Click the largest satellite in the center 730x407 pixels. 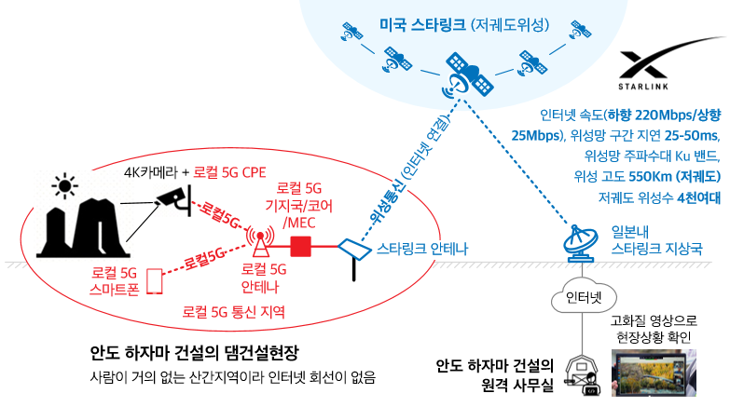pos(469,75)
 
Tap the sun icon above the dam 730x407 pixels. pos(64,185)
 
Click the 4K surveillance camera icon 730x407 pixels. pos(174,200)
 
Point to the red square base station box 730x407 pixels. pos(300,247)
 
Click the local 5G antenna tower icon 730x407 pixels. pos(260,242)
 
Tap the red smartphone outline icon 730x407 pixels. pos(155,281)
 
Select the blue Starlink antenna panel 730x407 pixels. pos(355,251)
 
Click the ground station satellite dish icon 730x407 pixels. pos(581,243)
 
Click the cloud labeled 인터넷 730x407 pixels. pos(584,296)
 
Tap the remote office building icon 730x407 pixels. pos(582,375)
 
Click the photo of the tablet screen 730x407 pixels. pos(654,373)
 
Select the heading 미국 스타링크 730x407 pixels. pos(422,24)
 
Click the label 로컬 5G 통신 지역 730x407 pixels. pos(233,311)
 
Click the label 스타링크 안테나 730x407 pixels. pos(421,249)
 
